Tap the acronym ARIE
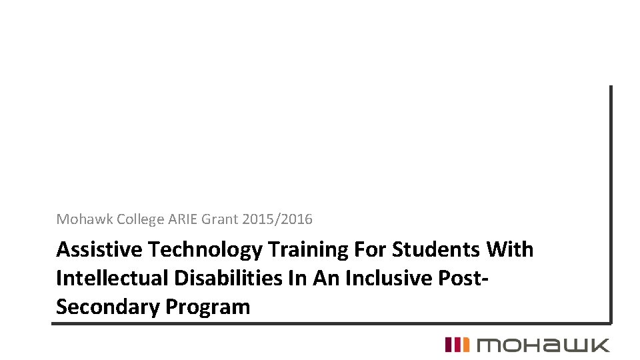click(183, 219)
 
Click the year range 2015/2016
click(277, 219)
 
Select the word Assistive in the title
click(99, 250)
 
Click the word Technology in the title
click(205, 250)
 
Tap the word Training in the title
click(306, 250)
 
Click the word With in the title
click(511, 250)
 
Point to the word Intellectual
click(110, 279)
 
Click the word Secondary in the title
click(107, 307)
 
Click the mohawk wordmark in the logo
click(542, 345)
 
